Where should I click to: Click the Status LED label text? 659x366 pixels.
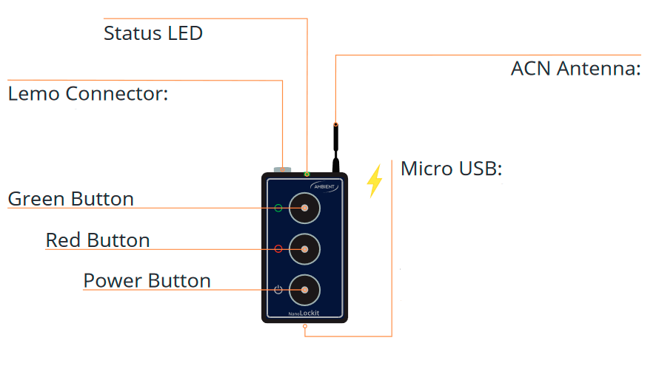[x=153, y=33]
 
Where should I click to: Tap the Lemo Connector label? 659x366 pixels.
[x=88, y=93]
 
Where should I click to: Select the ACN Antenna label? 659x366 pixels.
[x=575, y=69]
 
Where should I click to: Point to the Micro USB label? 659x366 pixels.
[x=451, y=169]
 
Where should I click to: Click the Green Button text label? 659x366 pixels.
[x=70, y=199]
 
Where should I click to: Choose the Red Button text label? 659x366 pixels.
[x=98, y=240]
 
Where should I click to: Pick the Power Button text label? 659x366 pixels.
[x=147, y=280]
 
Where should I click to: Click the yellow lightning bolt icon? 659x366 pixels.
[x=374, y=180]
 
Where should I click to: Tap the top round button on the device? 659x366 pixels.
[x=305, y=208]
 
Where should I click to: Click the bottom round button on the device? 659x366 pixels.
[x=305, y=290]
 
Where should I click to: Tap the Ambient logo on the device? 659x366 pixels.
[x=324, y=187]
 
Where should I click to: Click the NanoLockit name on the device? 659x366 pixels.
[x=304, y=313]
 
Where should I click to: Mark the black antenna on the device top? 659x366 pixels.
[x=336, y=148]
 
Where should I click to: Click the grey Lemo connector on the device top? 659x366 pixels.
[x=282, y=169]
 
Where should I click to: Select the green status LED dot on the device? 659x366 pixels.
[x=307, y=174]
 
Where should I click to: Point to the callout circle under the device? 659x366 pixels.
[x=305, y=326]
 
